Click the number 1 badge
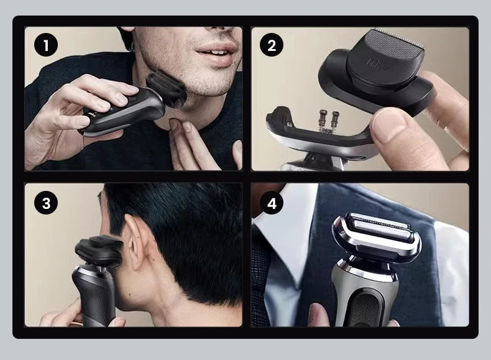click(x=45, y=45)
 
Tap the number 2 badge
click(x=271, y=45)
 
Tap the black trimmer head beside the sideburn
click(x=98, y=251)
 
